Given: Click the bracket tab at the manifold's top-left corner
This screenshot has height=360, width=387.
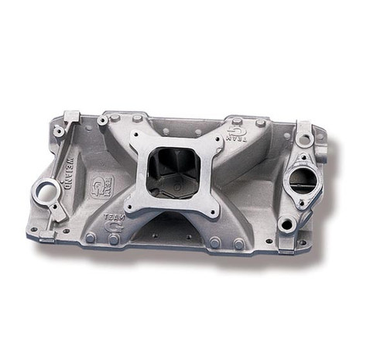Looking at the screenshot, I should (x=72, y=117).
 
